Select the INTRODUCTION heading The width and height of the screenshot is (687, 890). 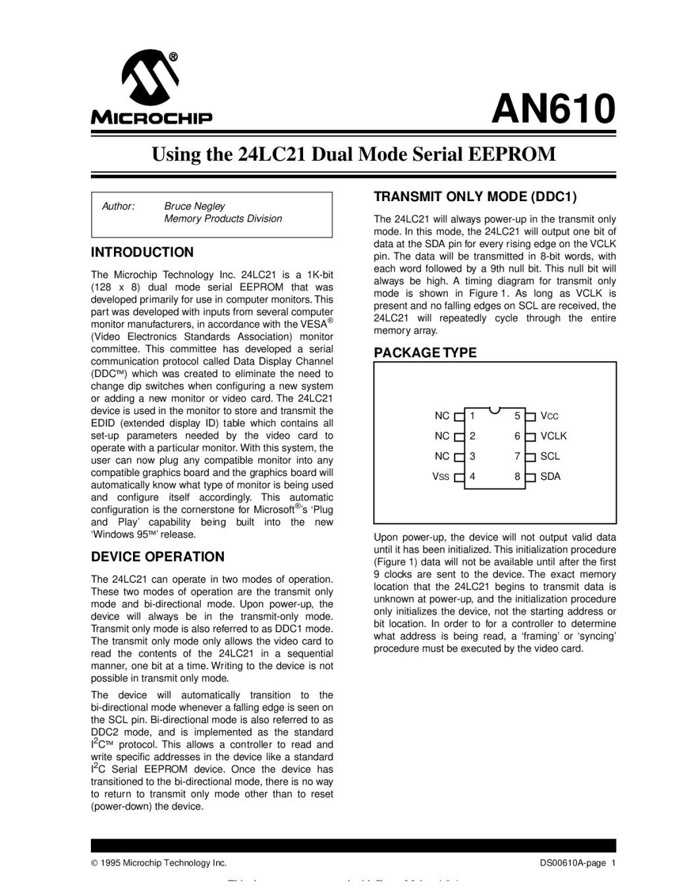click(142, 252)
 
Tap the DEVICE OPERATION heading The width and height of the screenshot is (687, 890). click(157, 557)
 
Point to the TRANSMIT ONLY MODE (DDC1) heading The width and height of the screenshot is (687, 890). click(475, 196)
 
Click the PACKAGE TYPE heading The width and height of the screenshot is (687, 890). click(425, 353)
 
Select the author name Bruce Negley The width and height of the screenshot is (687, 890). click(194, 206)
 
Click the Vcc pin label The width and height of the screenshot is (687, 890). click(549, 416)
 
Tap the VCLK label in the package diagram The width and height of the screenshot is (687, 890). click(553, 436)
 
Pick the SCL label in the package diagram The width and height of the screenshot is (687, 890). click(550, 456)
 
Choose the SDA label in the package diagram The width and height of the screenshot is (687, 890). click(550, 477)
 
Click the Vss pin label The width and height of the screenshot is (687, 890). click(441, 477)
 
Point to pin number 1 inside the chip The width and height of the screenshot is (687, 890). click(472, 416)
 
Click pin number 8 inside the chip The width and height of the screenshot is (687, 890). click(518, 477)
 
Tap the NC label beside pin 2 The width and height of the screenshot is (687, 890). click(442, 436)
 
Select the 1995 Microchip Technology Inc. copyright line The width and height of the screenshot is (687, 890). click(159, 863)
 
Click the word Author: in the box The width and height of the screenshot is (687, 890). click(118, 206)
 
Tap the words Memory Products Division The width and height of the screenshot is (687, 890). click(223, 219)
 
